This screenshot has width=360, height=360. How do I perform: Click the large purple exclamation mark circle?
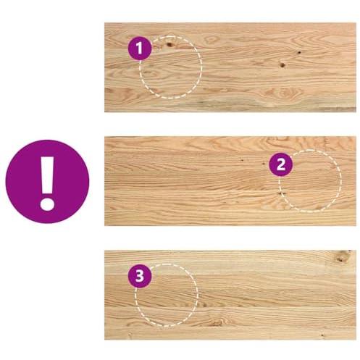point(47,181)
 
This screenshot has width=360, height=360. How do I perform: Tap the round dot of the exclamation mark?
point(47,204)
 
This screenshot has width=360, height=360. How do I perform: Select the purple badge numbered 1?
point(140,48)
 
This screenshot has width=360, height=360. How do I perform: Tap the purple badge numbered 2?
point(281,164)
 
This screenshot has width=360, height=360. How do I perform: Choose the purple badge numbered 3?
point(140,276)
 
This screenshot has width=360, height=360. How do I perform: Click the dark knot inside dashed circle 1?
point(169,44)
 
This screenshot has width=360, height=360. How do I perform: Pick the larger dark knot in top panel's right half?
point(282,64)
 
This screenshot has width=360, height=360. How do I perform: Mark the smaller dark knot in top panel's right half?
point(299,52)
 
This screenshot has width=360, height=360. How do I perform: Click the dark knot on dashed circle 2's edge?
point(282,193)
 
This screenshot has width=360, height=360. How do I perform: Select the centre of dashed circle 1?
point(170,67)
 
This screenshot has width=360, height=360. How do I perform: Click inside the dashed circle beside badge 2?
point(310,181)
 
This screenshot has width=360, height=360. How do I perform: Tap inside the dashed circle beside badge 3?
point(167,295)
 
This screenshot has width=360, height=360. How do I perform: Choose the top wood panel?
point(230,67)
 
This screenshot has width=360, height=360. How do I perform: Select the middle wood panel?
point(230,181)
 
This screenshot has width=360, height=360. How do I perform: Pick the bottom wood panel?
point(230,295)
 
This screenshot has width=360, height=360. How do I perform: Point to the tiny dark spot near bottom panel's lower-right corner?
point(322,335)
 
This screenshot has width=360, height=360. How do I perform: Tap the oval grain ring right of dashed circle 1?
point(212,40)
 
